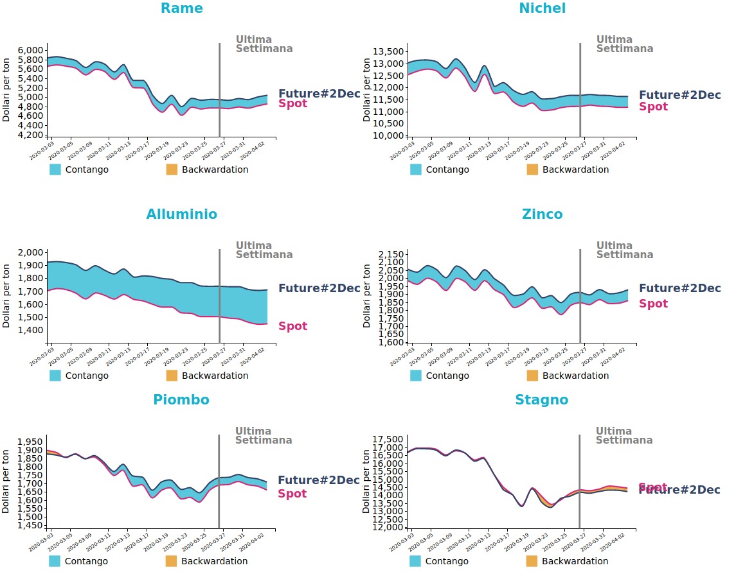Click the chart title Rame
click(x=181, y=8)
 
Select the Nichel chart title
click(x=543, y=8)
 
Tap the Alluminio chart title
click(x=181, y=214)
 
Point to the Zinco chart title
click(x=543, y=214)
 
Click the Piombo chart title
click(x=181, y=400)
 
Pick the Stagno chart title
click(x=542, y=400)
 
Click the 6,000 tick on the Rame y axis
click(x=30, y=50)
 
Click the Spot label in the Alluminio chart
click(x=292, y=326)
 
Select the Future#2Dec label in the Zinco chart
click(x=679, y=288)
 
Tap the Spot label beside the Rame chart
click(x=292, y=103)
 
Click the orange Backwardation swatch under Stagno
click(x=532, y=561)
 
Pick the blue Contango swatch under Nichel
click(x=416, y=169)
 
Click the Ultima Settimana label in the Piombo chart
click(x=263, y=436)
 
